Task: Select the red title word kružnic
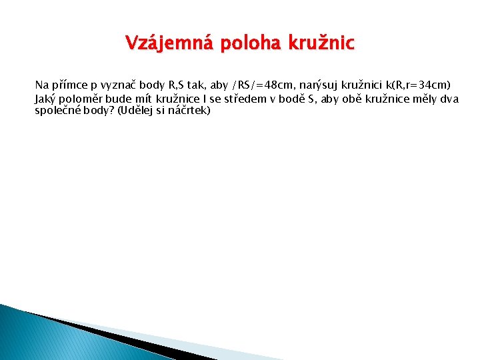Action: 321,44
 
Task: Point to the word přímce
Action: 67,85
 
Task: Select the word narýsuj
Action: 318,85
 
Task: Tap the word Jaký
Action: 45,99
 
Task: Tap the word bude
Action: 119,99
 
